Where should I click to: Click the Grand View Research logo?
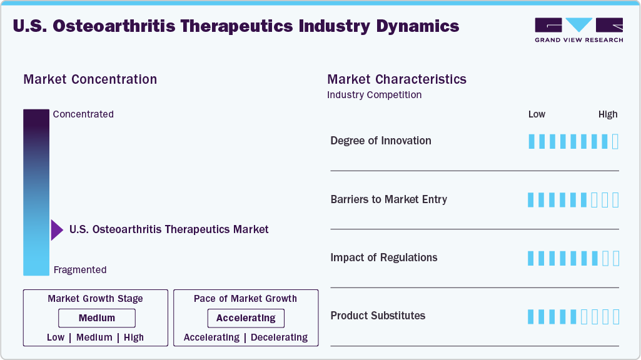[x=578, y=30]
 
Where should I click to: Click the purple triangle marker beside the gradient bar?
[x=57, y=230]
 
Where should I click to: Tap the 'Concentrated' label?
[x=83, y=114]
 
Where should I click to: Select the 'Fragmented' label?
[x=80, y=270]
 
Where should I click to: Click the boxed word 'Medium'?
[x=96, y=318]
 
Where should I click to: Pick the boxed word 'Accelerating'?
[x=246, y=318]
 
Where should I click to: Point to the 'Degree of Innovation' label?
[x=381, y=141]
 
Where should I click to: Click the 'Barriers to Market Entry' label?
[x=388, y=199]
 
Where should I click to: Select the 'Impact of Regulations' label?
[x=383, y=257]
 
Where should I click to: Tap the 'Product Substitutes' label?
[x=378, y=316]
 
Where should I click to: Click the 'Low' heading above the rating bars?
[x=537, y=114]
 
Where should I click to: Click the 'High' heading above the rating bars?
[x=608, y=114]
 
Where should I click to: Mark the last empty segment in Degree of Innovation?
[x=615, y=141]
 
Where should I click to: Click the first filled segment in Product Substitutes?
[x=532, y=317]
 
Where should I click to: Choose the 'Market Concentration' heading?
[x=90, y=79]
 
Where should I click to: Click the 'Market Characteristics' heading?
[x=396, y=79]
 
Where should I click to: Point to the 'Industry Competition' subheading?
[x=374, y=95]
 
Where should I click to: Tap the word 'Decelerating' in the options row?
[x=279, y=337]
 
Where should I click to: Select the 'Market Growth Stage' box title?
[x=95, y=299]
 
